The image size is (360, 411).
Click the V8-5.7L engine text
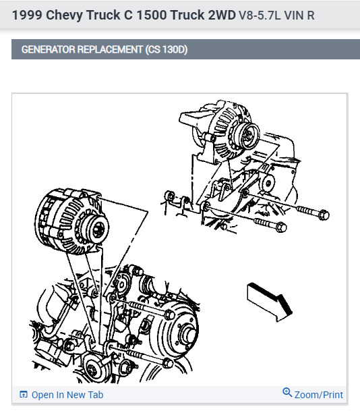(260, 15)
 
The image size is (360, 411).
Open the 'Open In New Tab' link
(67, 395)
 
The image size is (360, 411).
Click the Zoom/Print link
(319, 395)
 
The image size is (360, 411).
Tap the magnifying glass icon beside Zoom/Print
(287, 393)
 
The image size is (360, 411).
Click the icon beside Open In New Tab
(24, 395)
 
